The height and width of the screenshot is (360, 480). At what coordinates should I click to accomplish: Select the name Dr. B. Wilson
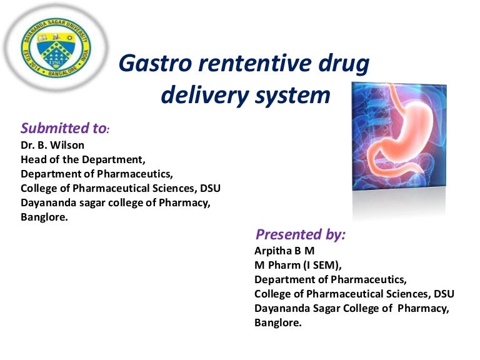[52, 146]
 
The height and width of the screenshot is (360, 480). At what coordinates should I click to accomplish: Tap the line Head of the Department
[83, 159]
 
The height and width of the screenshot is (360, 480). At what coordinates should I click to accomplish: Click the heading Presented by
[300, 235]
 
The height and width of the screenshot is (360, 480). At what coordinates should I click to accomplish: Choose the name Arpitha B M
[284, 251]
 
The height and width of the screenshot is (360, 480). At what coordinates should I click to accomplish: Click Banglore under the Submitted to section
[44, 217]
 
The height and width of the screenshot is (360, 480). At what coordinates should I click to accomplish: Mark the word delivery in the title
[204, 96]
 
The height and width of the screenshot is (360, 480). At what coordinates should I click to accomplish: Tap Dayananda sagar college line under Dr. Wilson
[115, 203]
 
